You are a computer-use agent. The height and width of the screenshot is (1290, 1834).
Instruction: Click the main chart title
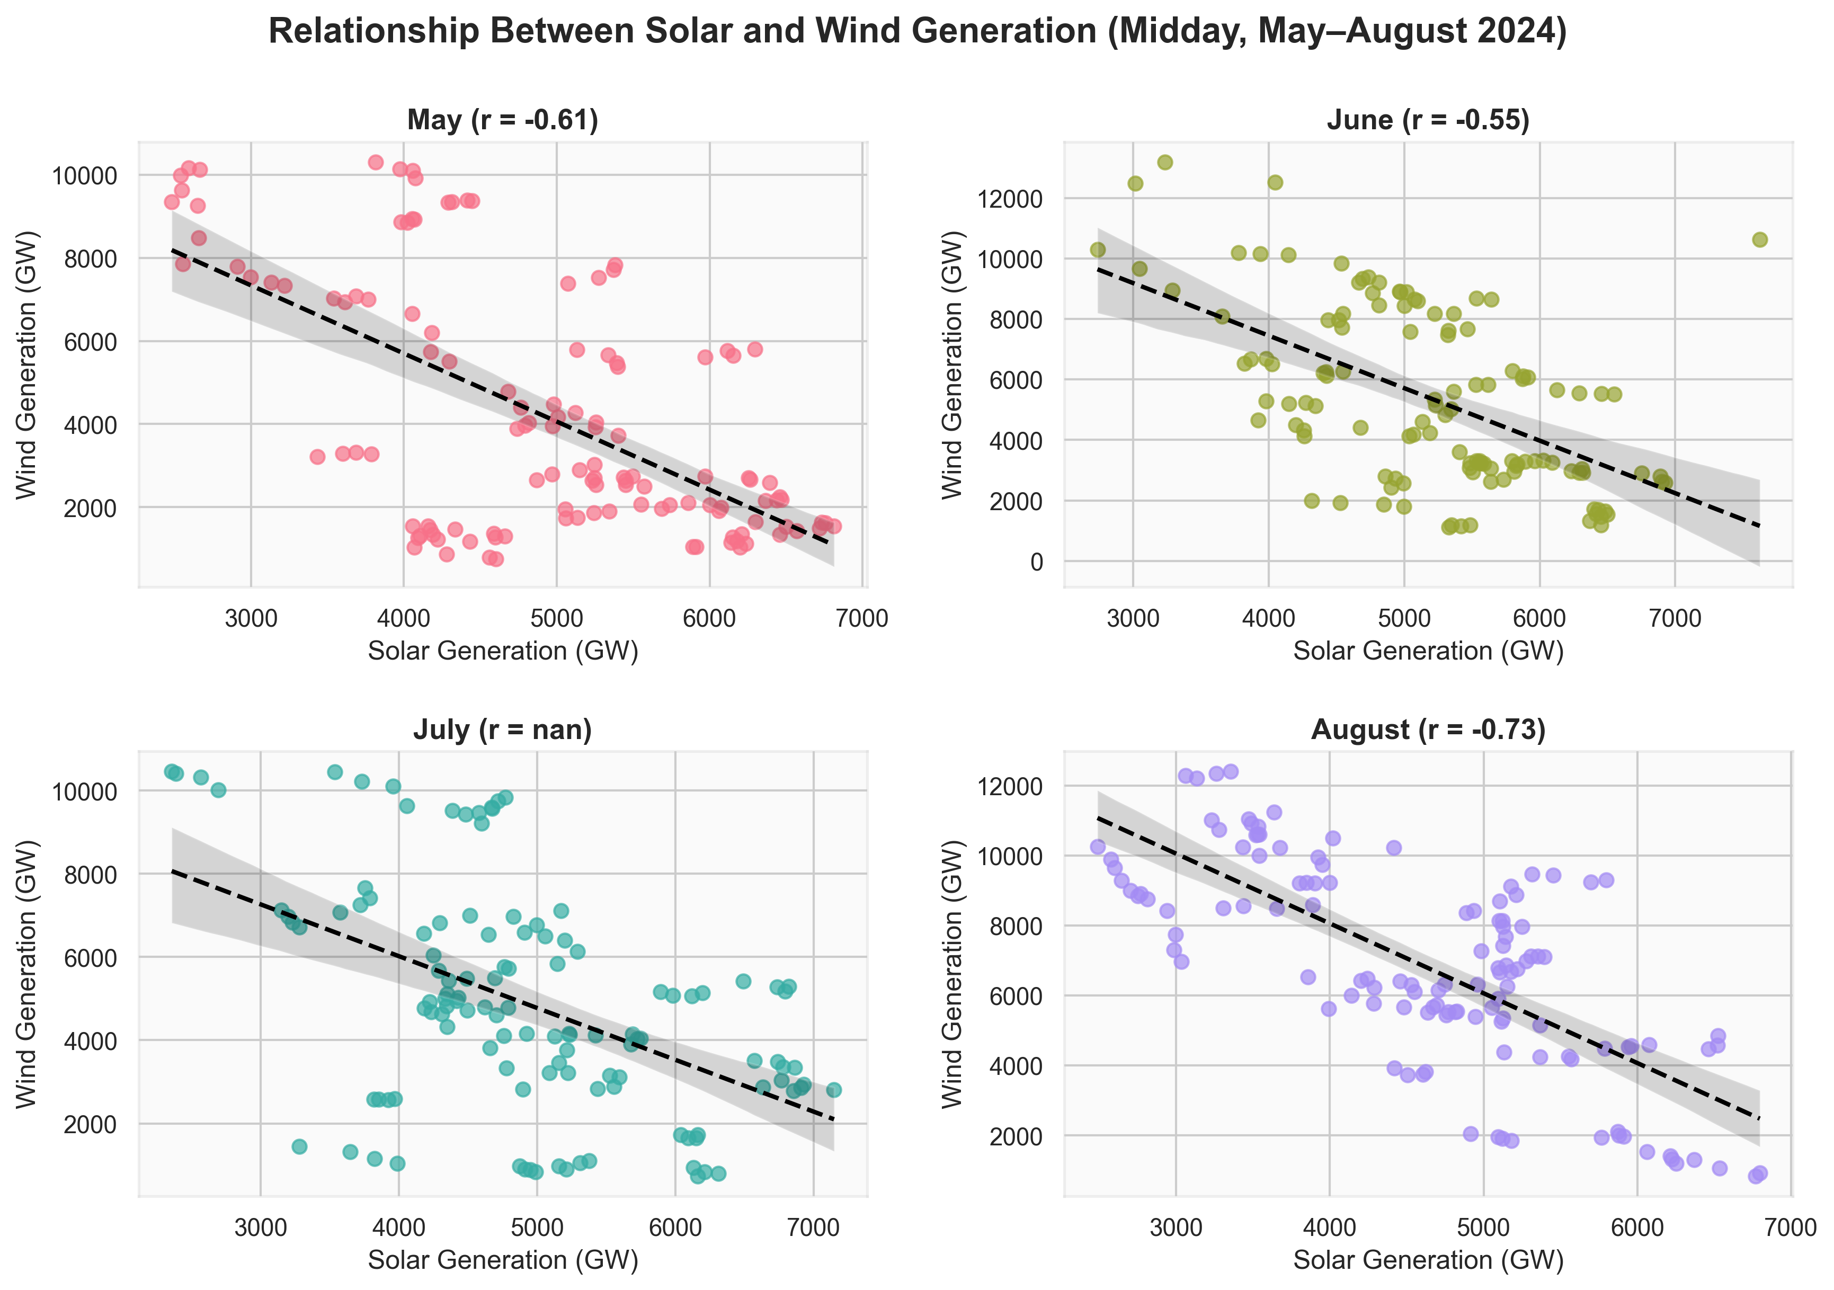coord(917,32)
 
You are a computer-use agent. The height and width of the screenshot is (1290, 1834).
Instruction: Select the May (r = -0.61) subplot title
coord(502,120)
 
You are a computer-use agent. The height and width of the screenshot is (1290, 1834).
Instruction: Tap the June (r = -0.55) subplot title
coord(1428,120)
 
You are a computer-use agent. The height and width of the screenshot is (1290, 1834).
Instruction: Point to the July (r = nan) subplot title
coord(502,729)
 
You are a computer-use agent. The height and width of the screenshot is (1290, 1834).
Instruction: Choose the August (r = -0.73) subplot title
coord(1428,729)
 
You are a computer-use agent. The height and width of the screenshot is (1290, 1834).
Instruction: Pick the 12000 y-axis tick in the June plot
coord(1010,199)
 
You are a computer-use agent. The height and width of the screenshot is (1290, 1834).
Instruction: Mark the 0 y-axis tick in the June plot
coord(1036,562)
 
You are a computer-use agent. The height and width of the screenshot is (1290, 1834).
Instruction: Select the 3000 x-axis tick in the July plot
coord(261,1227)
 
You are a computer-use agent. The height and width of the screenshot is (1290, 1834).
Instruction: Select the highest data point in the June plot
coord(1164,162)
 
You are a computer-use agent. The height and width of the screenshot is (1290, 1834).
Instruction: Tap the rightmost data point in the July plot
coord(833,1090)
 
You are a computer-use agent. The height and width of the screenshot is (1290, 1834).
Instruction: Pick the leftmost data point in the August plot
coord(1098,847)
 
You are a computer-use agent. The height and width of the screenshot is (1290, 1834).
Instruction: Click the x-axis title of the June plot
coord(1428,651)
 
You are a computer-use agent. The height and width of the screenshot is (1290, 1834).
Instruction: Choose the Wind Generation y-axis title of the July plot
coord(26,974)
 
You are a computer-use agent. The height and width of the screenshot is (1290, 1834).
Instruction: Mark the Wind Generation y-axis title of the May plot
coord(26,364)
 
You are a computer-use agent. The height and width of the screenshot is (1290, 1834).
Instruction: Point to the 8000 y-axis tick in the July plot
coord(90,875)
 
